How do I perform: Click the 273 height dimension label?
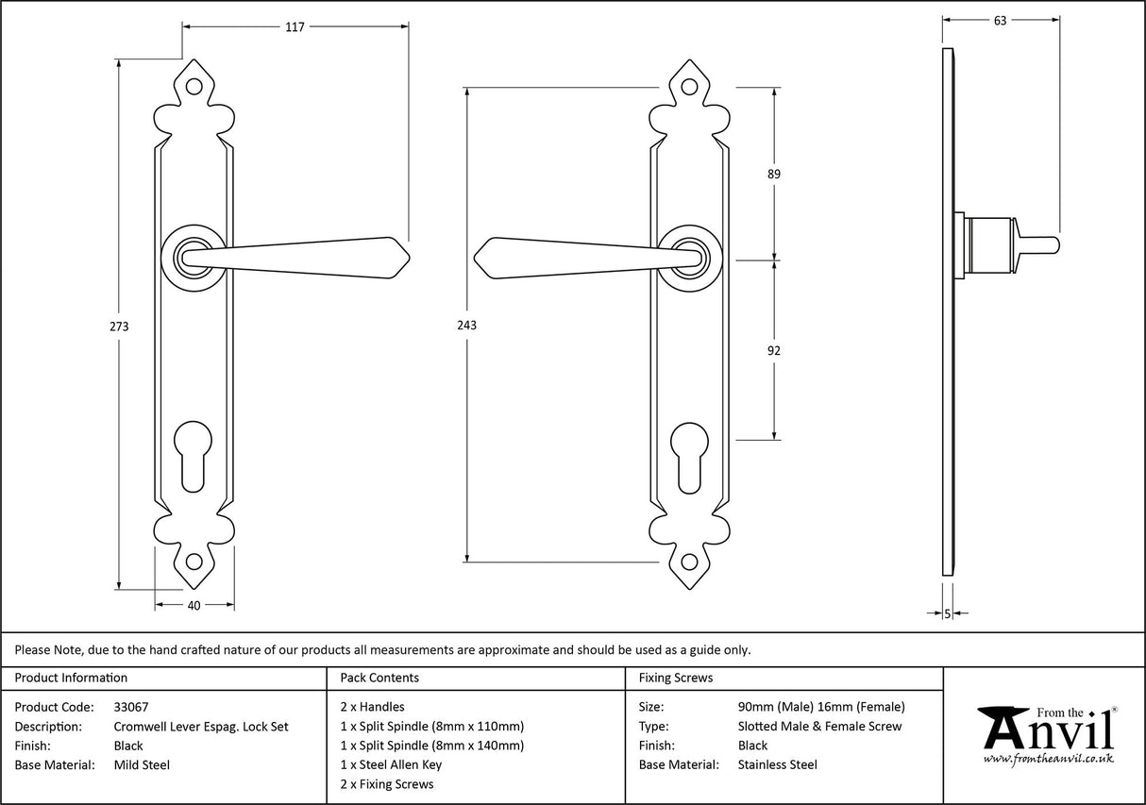point(119,327)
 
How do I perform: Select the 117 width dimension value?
point(295,27)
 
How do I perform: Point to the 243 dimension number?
point(466,326)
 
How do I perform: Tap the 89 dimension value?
point(774,174)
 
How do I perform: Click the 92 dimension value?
point(774,350)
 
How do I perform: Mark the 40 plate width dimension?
point(194,606)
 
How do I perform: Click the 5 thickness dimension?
point(948,614)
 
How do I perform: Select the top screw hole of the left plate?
point(194,86)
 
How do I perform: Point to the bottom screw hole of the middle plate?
point(688,562)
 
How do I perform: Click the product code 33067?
point(131,706)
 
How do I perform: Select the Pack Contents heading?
point(379,678)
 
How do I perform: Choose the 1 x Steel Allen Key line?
point(391,764)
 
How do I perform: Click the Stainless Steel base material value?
point(778,764)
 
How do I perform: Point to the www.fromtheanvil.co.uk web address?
point(1049,758)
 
